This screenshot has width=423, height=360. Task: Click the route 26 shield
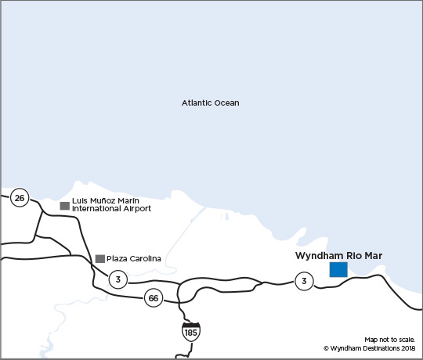pos(20,198)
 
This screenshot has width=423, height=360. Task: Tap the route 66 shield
pos(154,297)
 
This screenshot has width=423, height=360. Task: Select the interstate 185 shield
pos(190,330)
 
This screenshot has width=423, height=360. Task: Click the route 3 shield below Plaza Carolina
pos(117,279)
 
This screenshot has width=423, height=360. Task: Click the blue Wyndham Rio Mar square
pos(338,270)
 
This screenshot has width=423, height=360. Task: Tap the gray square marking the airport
pos(64,206)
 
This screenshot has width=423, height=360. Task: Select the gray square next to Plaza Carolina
pos(99,259)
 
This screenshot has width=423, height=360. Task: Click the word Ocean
pos(229,103)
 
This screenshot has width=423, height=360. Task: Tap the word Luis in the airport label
pos(78,201)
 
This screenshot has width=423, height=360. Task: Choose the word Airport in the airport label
pos(136,210)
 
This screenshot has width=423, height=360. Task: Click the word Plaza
pos(116,259)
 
